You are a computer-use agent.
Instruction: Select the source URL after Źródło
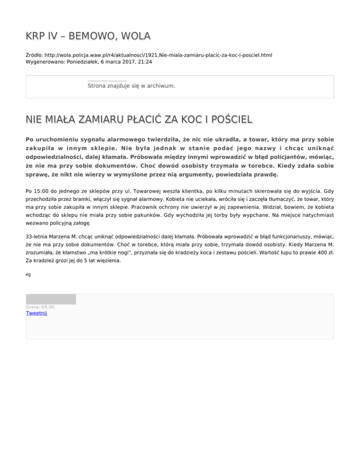(x=159, y=55)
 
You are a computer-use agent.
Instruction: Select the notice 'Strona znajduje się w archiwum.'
(x=131, y=86)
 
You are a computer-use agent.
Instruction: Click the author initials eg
(x=28, y=275)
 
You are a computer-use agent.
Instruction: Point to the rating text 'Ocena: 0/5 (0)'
(x=40, y=307)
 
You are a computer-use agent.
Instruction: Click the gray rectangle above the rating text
(x=51, y=299)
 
